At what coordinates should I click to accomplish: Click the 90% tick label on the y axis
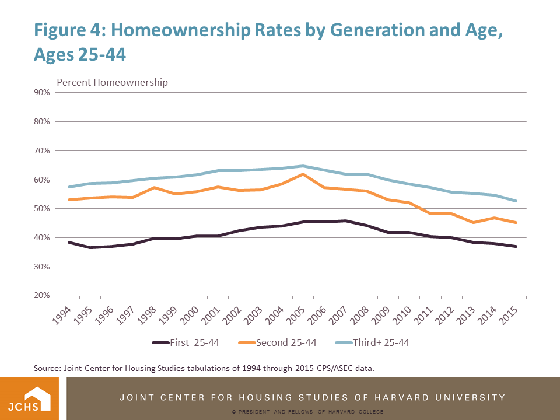(x=42, y=93)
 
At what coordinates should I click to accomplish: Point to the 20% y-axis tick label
(x=42, y=296)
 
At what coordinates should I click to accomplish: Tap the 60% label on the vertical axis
(x=42, y=180)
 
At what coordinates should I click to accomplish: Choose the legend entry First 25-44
(x=185, y=342)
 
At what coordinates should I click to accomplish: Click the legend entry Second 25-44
(x=278, y=342)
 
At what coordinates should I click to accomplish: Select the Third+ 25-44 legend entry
(x=372, y=342)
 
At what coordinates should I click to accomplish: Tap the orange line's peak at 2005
(x=303, y=174)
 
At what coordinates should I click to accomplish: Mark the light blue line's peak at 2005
(x=303, y=166)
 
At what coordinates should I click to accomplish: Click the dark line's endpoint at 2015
(x=516, y=246)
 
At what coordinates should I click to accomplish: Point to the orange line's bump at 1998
(x=154, y=187)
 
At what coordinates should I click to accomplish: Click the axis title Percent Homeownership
(x=112, y=82)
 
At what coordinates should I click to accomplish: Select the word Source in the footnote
(x=47, y=368)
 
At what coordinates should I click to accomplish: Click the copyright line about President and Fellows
(x=307, y=412)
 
